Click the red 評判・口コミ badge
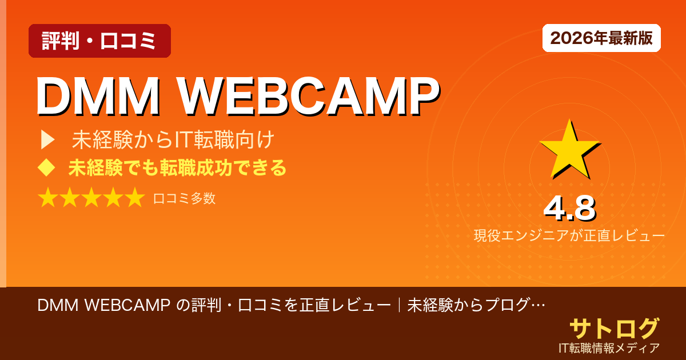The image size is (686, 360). (99, 41)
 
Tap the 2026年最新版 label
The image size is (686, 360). (601, 38)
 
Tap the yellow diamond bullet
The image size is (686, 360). (46, 168)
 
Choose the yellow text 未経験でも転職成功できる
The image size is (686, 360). (177, 168)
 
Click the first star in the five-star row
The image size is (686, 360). (48, 198)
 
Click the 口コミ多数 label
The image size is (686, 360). (184, 198)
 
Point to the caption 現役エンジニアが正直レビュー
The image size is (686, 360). (569, 235)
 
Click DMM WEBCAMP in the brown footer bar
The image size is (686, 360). (103, 306)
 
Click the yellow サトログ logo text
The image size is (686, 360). (614, 328)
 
